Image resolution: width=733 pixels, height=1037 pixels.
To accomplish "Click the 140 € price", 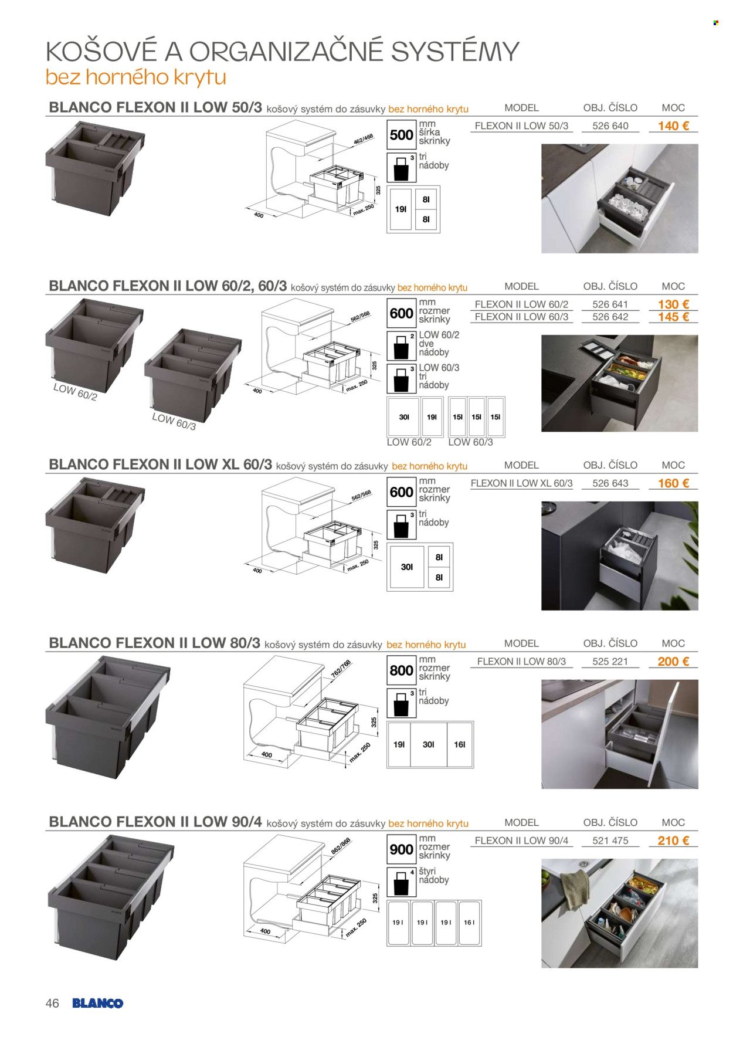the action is pos(673,126).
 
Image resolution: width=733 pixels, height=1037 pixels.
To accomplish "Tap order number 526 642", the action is pos(610,317).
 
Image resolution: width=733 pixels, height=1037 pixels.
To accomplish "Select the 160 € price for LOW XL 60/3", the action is pos(673,483).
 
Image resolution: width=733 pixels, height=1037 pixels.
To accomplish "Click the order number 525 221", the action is pos(610,662).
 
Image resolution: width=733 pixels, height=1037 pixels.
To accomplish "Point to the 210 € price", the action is pos(673,841).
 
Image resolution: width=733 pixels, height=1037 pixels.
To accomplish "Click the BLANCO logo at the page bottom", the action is pos(98,1003).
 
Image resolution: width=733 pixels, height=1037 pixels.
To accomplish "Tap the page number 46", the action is pos(52,1003).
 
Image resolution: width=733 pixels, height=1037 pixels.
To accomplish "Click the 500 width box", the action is pos(402,135).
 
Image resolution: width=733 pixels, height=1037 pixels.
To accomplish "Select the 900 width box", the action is pos(402,850).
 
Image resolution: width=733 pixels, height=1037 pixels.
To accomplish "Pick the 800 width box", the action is pos(402,671).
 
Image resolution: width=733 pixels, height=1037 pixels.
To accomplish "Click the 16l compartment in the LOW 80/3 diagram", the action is pos(460,744).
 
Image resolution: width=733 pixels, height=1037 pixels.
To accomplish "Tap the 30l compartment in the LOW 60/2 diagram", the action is pos(404,417).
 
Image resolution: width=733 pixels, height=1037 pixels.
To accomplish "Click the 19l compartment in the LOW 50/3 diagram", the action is pos(401,209).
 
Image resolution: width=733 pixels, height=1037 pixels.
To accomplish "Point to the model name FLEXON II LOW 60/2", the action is pos(521,304).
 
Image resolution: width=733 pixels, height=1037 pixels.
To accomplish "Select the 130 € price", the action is pos(673,304).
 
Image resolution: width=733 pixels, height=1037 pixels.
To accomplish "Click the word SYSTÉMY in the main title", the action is pos(455,52).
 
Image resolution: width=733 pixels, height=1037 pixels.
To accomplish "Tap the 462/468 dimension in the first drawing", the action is pos(363,139).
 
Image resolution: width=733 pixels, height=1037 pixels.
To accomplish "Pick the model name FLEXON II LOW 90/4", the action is pos(521,841).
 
